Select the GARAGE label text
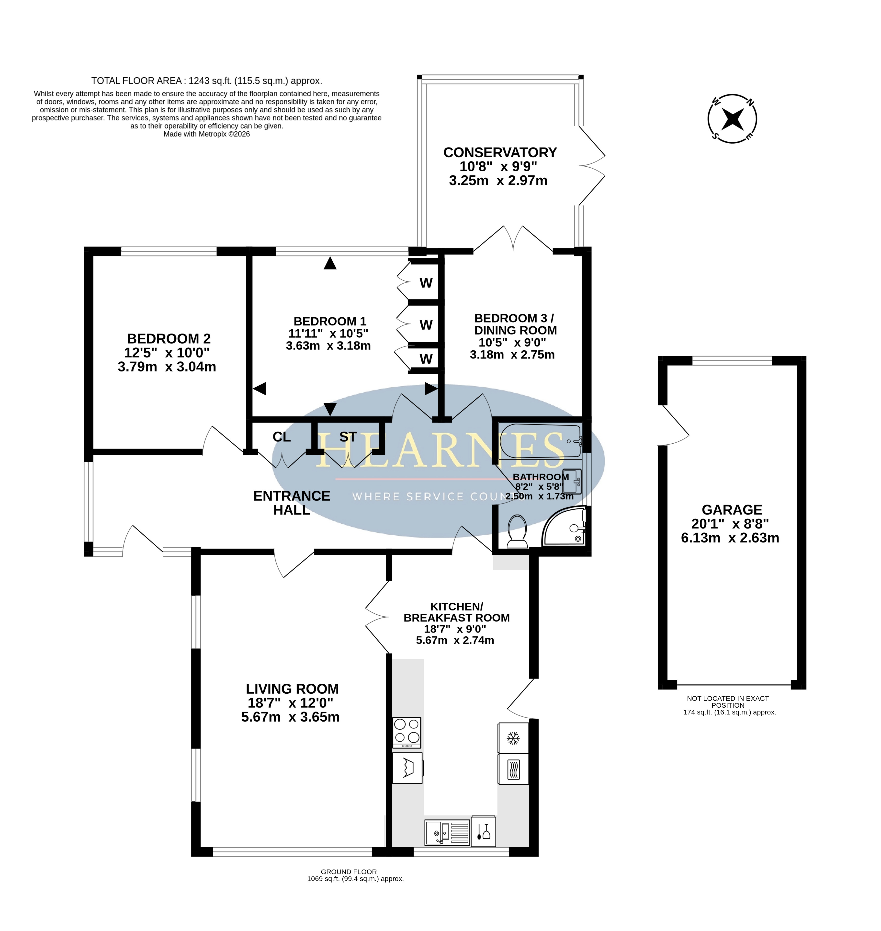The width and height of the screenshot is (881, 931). click(x=732, y=510)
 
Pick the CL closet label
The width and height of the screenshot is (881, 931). click(x=282, y=437)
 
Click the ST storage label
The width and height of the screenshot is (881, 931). click(x=348, y=437)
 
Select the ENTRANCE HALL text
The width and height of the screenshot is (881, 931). click(x=292, y=503)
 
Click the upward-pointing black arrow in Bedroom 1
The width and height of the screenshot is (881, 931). click(x=330, y=263)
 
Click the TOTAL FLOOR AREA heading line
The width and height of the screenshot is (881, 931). click(x=207, y=81)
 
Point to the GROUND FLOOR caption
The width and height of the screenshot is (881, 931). click(x=349, y=872)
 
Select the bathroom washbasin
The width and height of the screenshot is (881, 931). click(x=572, y=481)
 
